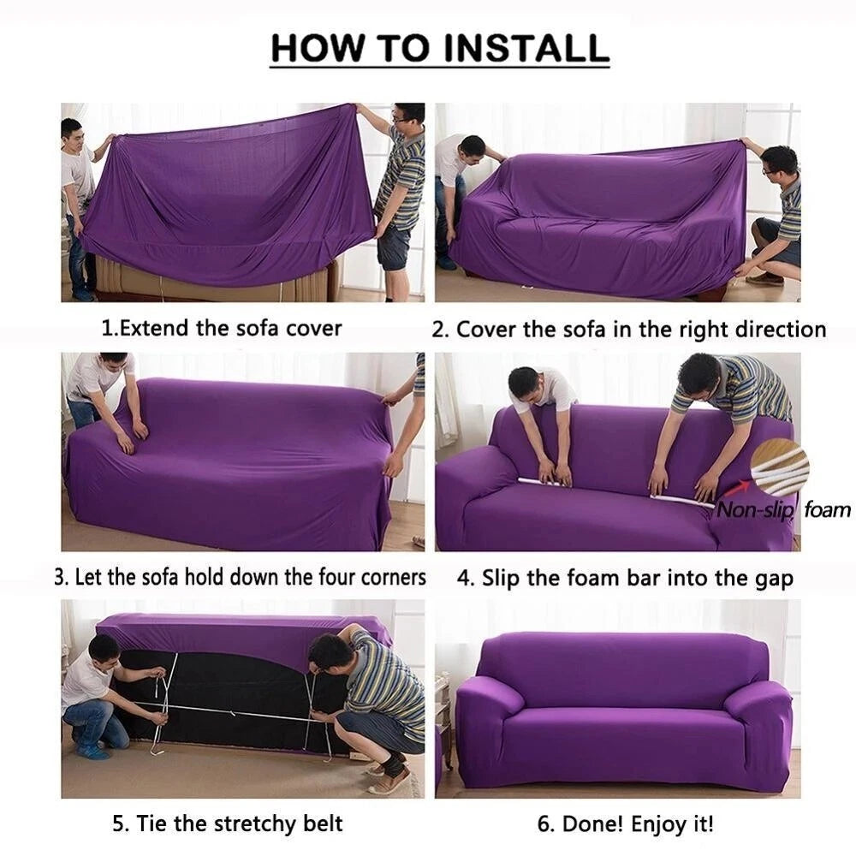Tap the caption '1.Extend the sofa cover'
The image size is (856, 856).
(222, 328)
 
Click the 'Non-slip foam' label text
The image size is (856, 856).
(783, 511)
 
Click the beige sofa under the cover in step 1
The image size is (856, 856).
(214, 278)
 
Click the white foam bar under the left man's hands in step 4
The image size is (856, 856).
(548, 482)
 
